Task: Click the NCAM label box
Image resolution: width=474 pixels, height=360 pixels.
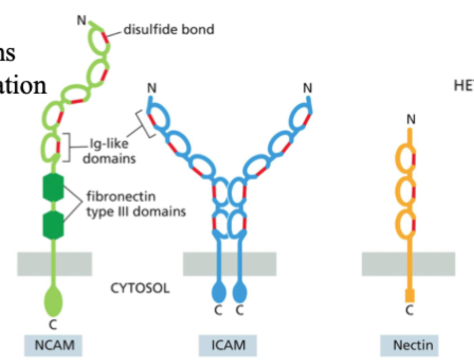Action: pos(54,346)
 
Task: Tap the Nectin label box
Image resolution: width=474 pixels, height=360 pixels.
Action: pos(413,346)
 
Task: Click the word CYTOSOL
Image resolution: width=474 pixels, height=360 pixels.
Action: pos(140,289)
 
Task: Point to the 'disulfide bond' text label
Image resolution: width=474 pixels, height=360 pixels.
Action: pos(169,29)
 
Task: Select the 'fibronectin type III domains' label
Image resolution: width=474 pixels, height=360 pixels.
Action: pos(136,204)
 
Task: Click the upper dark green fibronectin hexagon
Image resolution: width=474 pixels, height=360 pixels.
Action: pos(53,187)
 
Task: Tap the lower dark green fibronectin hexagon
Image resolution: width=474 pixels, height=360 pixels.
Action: pos(53,223)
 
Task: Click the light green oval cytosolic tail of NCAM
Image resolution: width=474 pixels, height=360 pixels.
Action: pos(53,302)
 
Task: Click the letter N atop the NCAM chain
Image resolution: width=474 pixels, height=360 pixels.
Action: pos(81,20)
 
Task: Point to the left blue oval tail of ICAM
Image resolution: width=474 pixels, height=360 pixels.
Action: pos(218,293)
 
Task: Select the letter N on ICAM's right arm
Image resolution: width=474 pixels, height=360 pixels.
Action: pos(307,88)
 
